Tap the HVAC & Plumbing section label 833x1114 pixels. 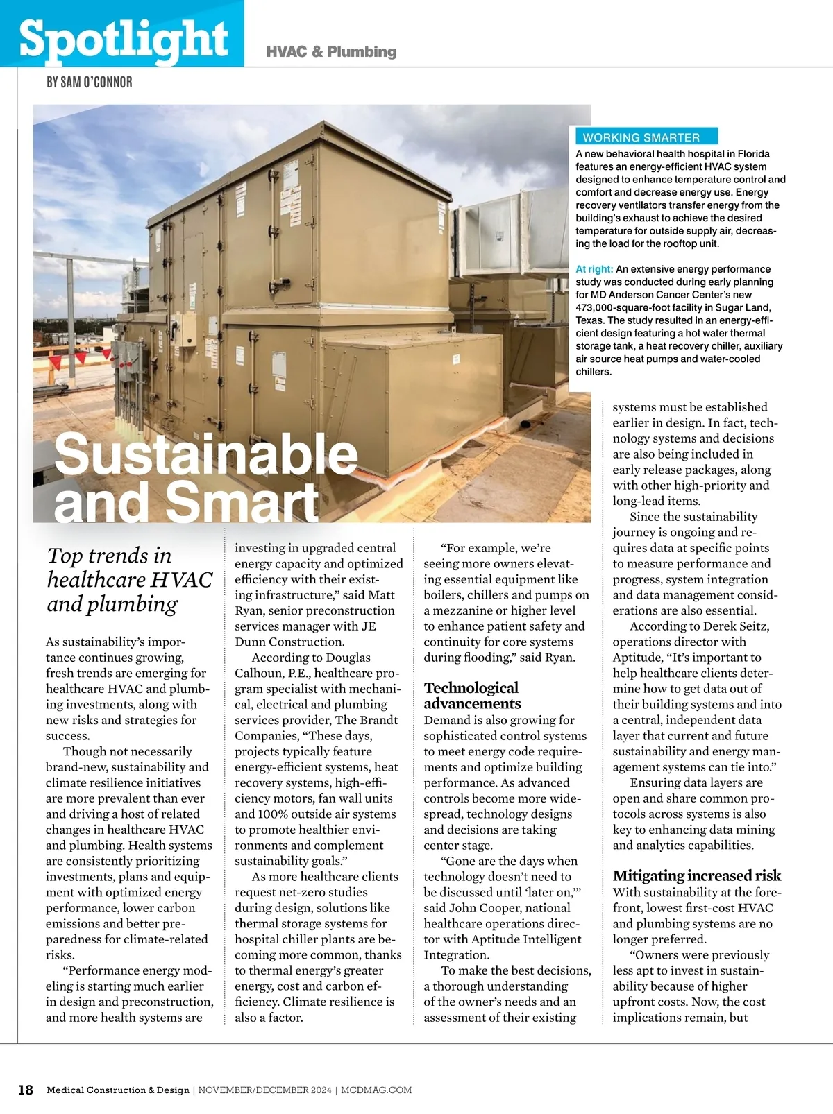coord(331,51)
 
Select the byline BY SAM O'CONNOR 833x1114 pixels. coord(89,82)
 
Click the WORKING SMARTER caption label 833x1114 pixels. coord(641,137)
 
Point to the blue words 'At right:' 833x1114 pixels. coord(594,269)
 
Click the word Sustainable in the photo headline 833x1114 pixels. coord(205,454)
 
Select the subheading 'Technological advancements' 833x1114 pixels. coord(472,695)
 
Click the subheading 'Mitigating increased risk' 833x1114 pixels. coord(696,875)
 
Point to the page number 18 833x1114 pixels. coord(25,1090)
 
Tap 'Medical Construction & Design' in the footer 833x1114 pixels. coord(118,1090)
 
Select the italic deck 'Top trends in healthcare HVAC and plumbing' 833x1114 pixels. coord(129,579)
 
